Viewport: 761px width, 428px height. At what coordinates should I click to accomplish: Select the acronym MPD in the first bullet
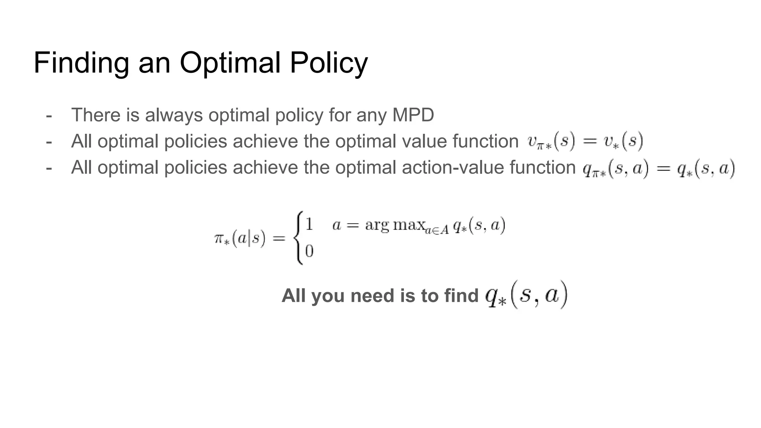click(413, 115)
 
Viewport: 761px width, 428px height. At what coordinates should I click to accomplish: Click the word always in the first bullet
click(174, 116)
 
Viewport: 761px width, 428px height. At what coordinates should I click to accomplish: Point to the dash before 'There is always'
click(49, 115)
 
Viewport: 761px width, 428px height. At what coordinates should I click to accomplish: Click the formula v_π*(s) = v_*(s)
click(585, 142)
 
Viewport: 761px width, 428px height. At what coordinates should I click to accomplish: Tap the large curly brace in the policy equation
click(298, 238)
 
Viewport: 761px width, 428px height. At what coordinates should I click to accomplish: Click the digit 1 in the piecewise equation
click(309, 224)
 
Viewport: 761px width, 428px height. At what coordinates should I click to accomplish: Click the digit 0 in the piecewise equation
click(309, 252)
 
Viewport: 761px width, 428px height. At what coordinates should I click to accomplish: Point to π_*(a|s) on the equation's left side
click(240, 239)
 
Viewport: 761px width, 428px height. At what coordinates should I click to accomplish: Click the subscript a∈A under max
click(437, 230)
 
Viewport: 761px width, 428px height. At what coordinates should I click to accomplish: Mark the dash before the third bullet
click(49, 168)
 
